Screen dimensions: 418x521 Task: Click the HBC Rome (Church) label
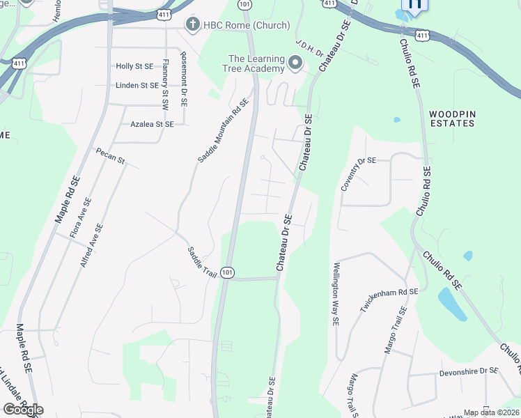coord(245,26)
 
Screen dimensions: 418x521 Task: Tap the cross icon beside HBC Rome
coord(193,26)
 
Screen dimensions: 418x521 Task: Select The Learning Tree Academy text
coord(256,63)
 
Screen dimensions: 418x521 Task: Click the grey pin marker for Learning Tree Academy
coord(295,64)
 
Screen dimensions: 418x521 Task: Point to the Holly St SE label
coord(134,66)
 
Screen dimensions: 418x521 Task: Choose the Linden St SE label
coord(137,86)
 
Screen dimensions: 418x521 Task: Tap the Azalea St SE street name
coord(152,124)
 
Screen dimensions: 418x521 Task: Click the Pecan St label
coord(110,156)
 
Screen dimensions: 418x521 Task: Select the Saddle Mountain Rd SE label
coord(223,130)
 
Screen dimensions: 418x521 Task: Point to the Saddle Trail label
coord(201,261)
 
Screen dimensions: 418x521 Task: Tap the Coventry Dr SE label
coord(358,174)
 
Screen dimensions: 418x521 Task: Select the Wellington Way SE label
coord(335,294)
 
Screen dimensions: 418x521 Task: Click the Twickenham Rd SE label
coord(389,310)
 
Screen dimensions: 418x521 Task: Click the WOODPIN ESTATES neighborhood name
coord(451,118)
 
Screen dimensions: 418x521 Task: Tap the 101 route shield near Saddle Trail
coord(227,272)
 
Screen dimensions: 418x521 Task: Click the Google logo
coord(23,410)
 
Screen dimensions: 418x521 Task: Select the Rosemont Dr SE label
coord(184,79)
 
